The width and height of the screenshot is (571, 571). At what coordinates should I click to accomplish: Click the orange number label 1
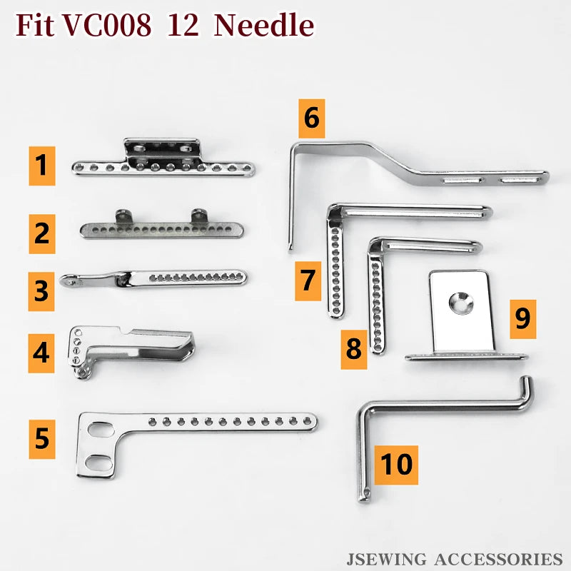click(42, 166)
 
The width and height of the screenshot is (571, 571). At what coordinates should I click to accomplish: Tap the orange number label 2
click(42, 233)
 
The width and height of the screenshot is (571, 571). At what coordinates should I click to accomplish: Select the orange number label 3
click(41, 290)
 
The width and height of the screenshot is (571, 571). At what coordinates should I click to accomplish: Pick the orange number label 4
click(42, 352)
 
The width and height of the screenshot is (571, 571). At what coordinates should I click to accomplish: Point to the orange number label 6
click(311, 118)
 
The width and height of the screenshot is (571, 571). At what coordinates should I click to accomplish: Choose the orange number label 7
click(308, 280)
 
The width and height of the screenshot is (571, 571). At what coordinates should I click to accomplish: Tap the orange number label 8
click(353, 349)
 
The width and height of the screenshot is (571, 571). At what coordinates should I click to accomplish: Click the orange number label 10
click(396, 464)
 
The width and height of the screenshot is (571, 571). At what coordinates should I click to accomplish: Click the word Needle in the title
click(264, 26)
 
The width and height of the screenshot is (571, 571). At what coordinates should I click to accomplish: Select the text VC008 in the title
click(107, 26)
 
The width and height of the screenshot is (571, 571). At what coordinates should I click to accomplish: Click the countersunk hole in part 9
click(460, 303)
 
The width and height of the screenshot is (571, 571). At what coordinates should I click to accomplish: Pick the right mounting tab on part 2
click(198, 215)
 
